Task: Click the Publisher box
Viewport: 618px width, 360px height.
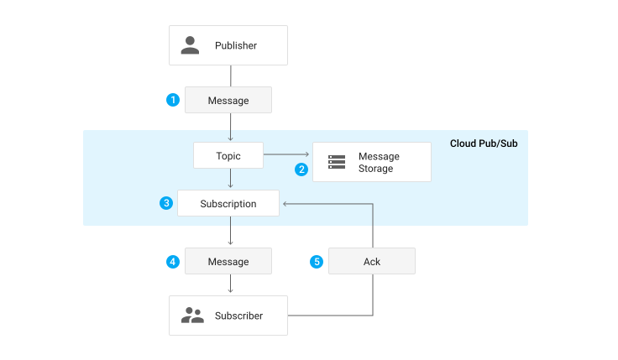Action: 228,45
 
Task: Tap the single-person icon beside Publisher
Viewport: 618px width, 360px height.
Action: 191,45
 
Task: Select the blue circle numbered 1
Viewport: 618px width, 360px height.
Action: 173,100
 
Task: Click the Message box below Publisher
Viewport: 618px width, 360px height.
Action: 228,100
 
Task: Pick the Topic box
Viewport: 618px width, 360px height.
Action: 228,155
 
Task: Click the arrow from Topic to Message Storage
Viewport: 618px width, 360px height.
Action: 287,155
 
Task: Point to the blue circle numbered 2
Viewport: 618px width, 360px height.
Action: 301,169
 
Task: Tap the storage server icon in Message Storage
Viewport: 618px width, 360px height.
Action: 337,162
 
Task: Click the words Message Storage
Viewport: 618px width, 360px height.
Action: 379,162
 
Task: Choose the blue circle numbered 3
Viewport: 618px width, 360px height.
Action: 166,203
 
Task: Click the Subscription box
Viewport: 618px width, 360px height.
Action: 228,203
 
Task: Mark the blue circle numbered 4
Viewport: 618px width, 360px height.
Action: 173,261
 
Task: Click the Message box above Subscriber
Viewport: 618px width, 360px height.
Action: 228,261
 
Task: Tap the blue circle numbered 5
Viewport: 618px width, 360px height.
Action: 317,261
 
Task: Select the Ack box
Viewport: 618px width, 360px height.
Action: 372,261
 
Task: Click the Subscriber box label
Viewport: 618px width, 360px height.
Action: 238,316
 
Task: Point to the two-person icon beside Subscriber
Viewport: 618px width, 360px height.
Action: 192,316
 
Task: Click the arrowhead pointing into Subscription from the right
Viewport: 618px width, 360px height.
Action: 285,203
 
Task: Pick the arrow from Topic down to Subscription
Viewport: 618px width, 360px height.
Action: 230,179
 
